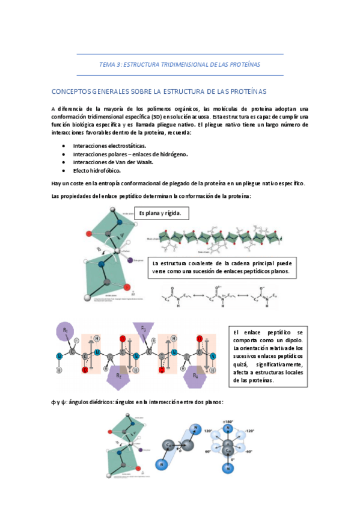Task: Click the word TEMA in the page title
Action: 106,64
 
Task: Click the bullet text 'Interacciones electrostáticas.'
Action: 109,146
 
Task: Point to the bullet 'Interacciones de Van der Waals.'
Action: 112,162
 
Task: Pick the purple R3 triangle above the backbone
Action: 144,328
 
